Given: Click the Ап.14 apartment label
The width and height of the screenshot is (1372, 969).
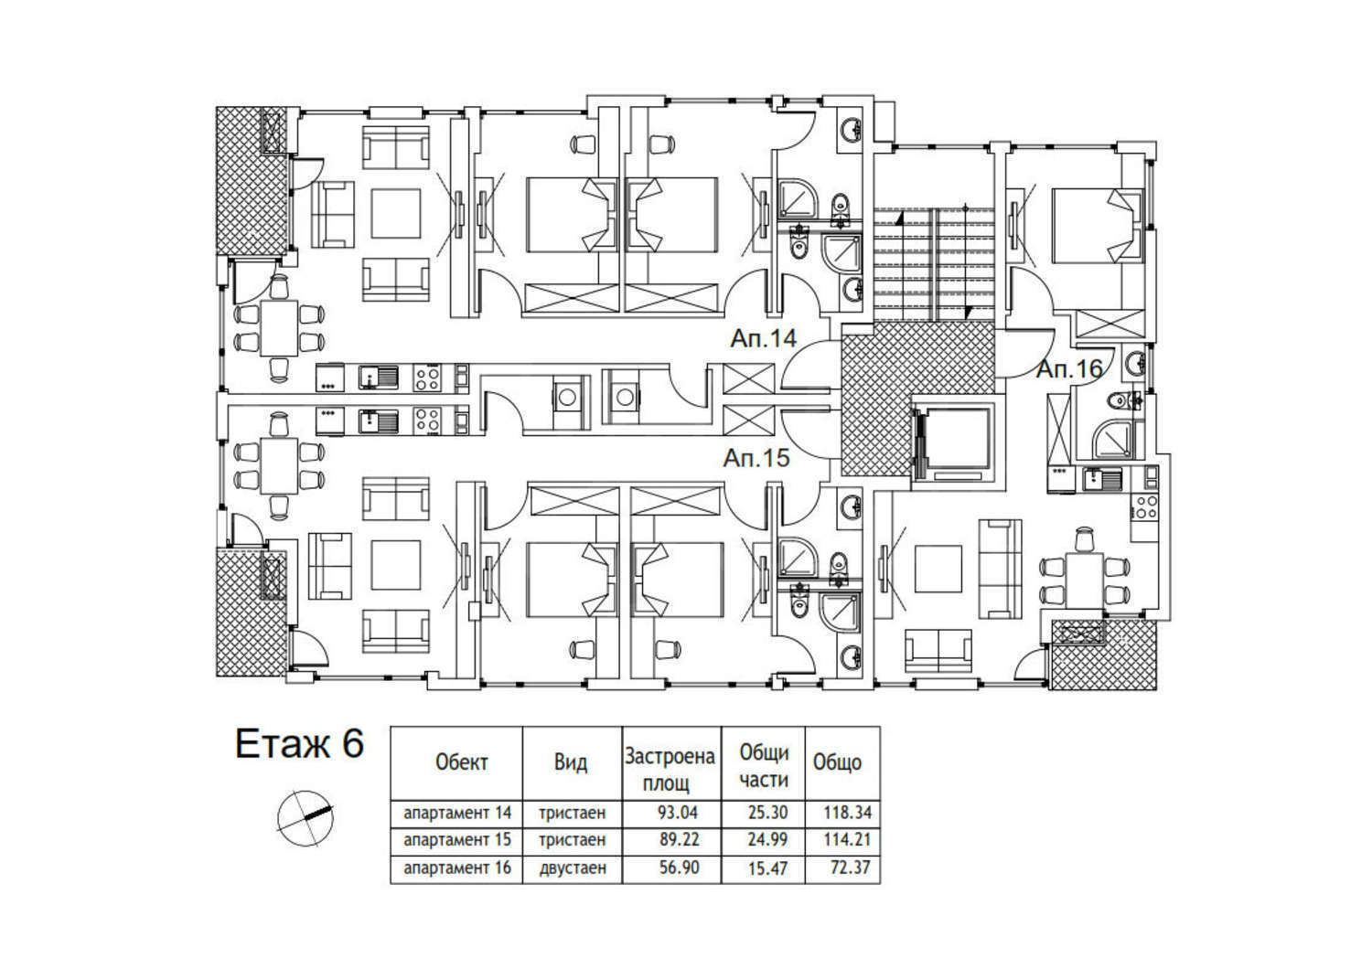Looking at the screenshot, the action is click(x=763, y=338).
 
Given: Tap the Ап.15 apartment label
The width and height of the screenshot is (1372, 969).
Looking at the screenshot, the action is click(x=756, y=458).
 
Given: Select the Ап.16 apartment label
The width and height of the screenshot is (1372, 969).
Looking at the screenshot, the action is click(x=1069, y=369).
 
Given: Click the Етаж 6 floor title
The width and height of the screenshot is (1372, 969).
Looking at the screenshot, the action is click(x=299, y=744).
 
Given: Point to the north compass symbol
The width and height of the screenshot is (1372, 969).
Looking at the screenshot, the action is click(x=305, y=818).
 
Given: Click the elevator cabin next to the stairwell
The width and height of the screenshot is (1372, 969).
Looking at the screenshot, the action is click(x=956, y=442).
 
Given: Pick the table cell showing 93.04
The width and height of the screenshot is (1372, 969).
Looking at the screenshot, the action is click(x=678, y=813).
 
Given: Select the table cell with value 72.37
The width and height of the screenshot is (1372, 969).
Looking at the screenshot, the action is click(x=851, y=867).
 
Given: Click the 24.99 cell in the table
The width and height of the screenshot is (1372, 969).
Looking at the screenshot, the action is click(x=767, y=839).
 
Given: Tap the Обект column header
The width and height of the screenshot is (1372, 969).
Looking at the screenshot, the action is click(x=461, y=762).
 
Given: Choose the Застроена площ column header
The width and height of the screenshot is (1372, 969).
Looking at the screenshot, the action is click(x=670, y=770).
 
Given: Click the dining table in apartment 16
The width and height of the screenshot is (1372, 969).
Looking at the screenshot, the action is click(x=1085, y=580).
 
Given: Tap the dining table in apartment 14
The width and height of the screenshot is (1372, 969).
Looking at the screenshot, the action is click(x=279, y=328).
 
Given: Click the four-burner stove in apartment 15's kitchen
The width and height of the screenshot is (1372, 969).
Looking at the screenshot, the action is click(x=427, y=421).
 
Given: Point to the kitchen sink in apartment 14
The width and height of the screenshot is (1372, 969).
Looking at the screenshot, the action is click(x=378, y=377).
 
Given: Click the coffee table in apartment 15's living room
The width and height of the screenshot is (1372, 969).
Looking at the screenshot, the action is click(x=396, y=564).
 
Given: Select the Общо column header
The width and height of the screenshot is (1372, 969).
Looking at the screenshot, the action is click(x=837, y=762).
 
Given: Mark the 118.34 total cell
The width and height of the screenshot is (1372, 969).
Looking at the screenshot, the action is click(x=847, y=813).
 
